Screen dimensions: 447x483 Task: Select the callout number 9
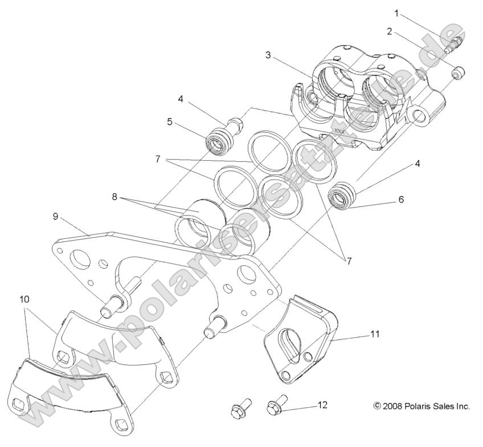[55, 216]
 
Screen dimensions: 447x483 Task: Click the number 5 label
[169, 121]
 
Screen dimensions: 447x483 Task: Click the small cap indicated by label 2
[460, 72]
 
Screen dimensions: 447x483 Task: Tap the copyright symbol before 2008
[376, 407]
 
